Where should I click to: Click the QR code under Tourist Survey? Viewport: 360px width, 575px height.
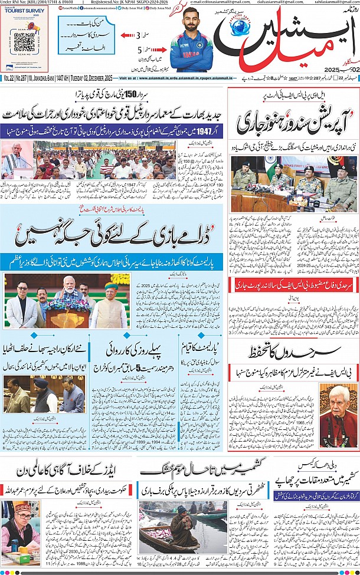point(24,43)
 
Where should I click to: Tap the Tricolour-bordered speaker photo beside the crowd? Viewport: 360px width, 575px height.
point(16,159)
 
